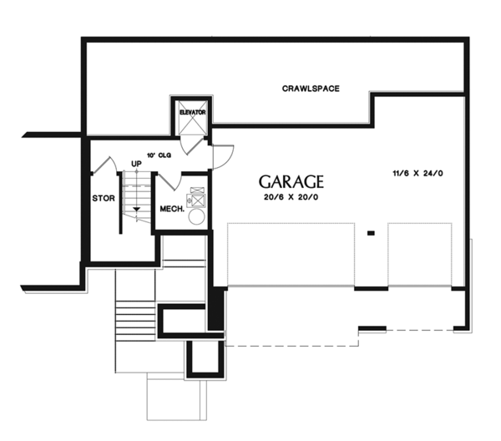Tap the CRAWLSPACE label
310,89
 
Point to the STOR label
103,199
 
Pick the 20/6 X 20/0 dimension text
289,197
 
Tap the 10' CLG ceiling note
158,156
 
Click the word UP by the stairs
135,164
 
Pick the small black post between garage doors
370,234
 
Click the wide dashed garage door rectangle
290,254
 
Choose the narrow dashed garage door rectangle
419,254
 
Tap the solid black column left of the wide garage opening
216,309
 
